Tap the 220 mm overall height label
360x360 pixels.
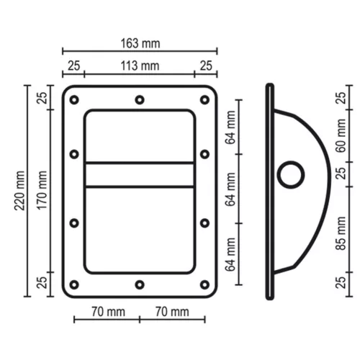tap(19, 193)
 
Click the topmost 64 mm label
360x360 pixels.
tap(230, 130)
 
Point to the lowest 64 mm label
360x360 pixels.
tap(230, 256)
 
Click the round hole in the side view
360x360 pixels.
tap(292, 174)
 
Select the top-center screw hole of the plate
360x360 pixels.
tap(140, 98)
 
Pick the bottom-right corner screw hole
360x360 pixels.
tap(205, 284)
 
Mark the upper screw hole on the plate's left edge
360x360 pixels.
tap(73, 154)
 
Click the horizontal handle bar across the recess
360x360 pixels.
tap(140, 175)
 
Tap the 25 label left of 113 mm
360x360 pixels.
tap(73, 66)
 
